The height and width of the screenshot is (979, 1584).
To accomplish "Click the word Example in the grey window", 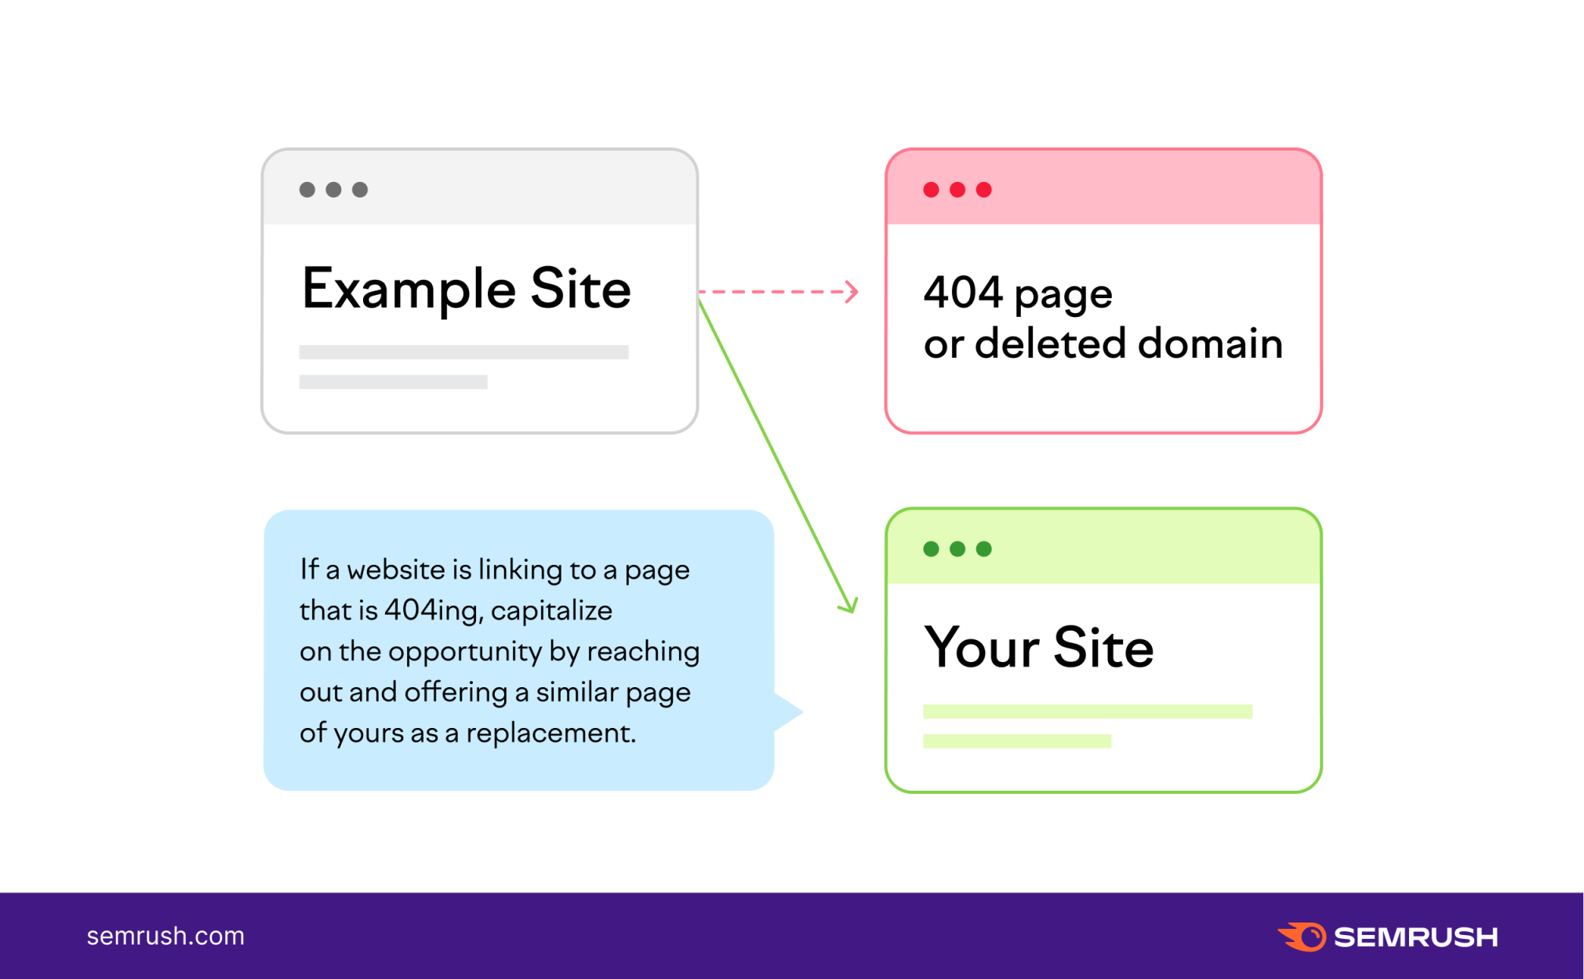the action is point(409,289).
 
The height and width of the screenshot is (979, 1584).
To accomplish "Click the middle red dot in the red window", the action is point(957,190).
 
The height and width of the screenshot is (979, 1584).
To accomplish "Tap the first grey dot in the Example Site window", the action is point(307,190).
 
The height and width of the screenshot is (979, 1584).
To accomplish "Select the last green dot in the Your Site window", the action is point(984,549).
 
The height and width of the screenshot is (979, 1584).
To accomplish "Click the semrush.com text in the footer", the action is point(165,936).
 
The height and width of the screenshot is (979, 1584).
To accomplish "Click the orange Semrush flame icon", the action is point(1302,937).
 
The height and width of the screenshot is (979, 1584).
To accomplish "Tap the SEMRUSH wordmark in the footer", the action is point(1416,937).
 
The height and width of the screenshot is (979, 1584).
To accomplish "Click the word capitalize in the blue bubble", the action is point(551,611).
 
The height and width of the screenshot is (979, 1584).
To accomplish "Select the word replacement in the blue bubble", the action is point(551,733).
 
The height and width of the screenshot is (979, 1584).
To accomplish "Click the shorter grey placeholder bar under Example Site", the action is point(394,382).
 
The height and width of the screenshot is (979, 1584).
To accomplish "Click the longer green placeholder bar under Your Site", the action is point(1088,712).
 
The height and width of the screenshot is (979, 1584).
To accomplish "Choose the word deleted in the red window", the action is point(1051,344).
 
